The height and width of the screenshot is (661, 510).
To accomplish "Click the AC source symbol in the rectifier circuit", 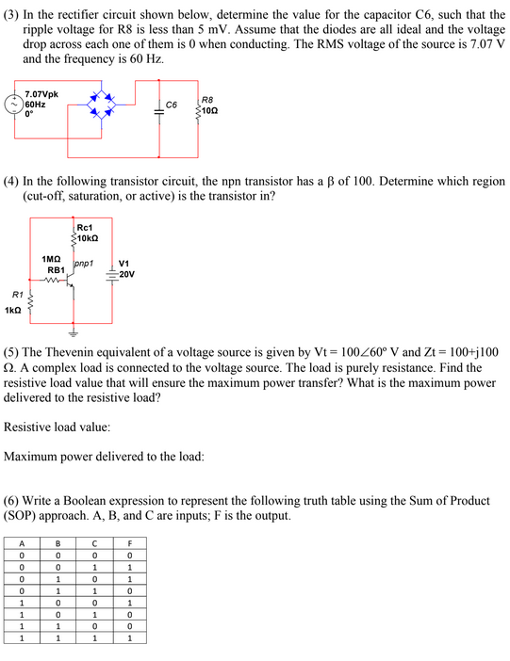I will [x=14, y=105].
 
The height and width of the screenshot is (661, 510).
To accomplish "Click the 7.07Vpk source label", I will [x=41, y=94].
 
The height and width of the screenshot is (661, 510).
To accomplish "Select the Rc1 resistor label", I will [x=84, y=227].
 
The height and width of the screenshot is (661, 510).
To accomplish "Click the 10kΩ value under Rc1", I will [x=87, y=237].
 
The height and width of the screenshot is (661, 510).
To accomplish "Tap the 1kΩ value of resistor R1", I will [x=13, y=310].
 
